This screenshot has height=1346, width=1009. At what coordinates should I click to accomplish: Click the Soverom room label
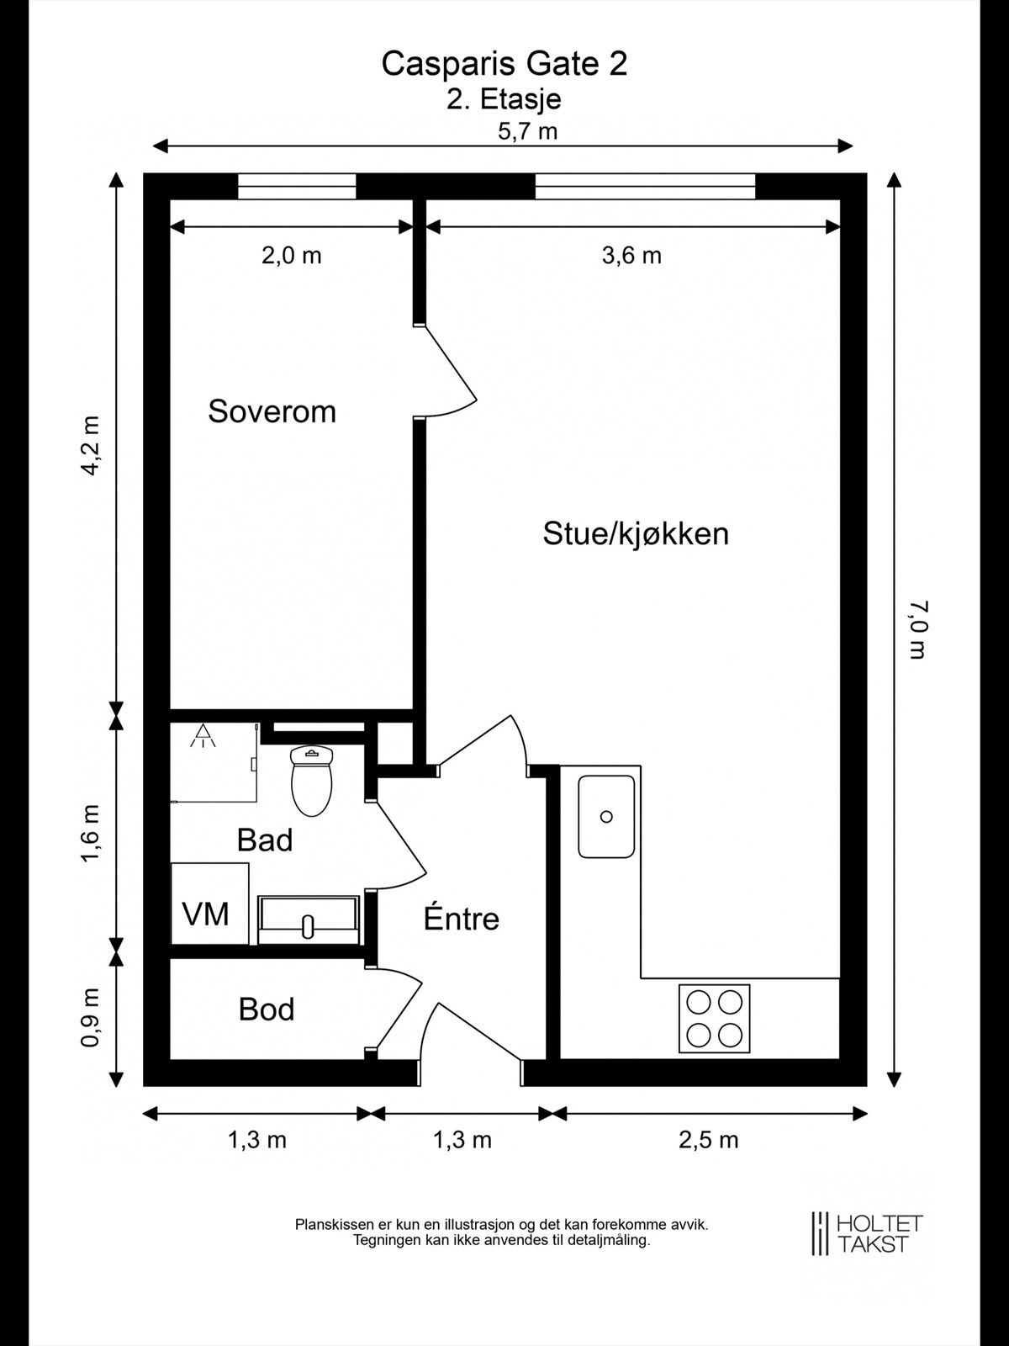[272, 411]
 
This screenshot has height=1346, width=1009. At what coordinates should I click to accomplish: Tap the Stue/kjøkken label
[636, 533]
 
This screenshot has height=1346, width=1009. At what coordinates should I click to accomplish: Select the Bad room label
[265, 840]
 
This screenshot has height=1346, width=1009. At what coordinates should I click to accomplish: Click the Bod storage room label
[267, 1009]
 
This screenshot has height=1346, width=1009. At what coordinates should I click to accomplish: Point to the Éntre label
[461, 918]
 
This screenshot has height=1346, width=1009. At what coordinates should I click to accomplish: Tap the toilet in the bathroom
[311, 779]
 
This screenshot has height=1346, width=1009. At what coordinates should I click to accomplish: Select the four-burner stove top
[714, 1018]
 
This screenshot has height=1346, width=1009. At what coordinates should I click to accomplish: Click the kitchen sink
[606, 817]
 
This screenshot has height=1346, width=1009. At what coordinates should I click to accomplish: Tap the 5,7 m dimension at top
[528, 131]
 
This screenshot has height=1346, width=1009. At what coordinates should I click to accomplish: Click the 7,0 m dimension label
[917, 628]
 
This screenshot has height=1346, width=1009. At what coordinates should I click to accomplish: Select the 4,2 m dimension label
[90, 446]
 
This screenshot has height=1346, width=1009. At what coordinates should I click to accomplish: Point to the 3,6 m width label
[631, 255]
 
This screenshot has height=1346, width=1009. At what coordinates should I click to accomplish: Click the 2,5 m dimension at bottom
[708, 1140]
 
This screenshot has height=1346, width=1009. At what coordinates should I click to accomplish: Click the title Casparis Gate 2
[504, 64]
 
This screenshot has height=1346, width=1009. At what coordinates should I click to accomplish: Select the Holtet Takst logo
[866, 1233]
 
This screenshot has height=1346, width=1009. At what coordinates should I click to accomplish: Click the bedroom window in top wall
[297, 186]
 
